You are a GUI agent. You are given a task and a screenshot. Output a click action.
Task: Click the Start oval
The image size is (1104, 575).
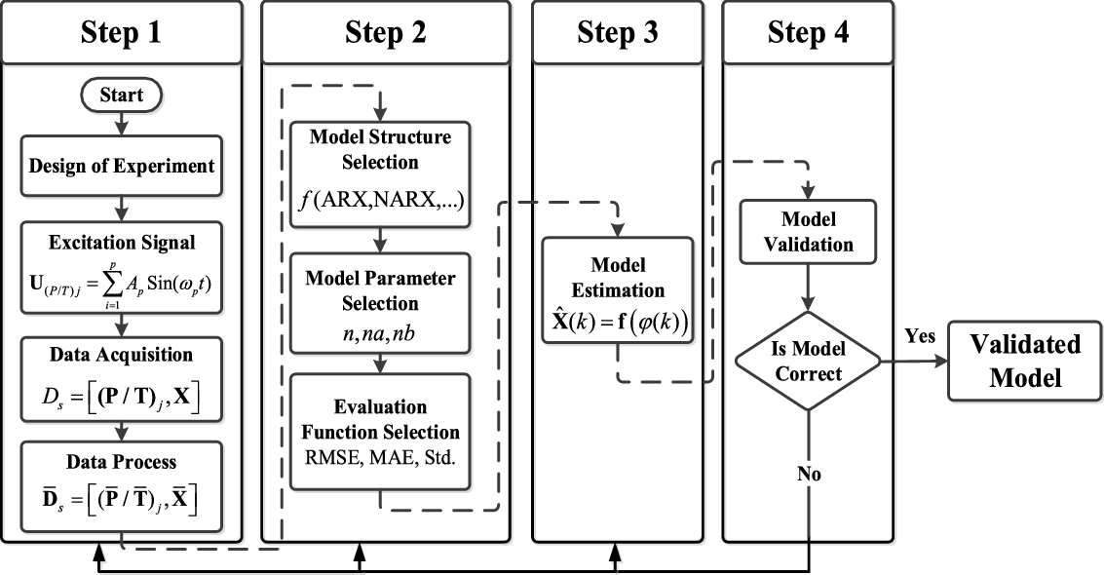coord(121,96)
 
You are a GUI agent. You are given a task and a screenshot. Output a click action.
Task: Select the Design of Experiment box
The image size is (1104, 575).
coord(121,167)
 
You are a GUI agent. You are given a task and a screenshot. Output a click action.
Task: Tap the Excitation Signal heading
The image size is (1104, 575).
coord(121,240)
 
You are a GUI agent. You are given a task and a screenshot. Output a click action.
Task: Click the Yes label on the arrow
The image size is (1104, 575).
coord(919,336)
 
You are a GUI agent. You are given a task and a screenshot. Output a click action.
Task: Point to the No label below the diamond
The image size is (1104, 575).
coord(808,474)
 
